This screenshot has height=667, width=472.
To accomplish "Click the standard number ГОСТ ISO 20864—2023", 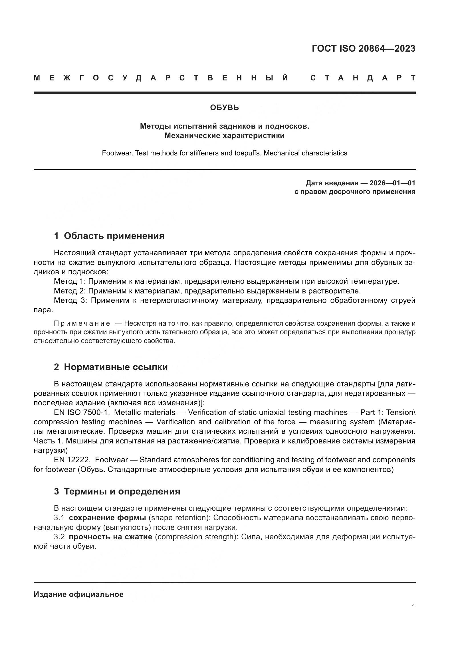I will (363, 48).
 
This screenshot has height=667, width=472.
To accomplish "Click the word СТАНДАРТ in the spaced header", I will (363, 78).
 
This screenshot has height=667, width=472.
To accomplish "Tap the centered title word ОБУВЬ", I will (224, 108).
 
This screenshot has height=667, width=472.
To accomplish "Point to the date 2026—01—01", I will (392, 183).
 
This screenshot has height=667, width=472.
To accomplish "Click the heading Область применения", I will (114, 236).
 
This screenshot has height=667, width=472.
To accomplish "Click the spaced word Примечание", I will (82, 324).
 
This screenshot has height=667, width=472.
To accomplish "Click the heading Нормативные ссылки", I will (116, 367).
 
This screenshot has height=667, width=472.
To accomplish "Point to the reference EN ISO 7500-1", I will (81, 413).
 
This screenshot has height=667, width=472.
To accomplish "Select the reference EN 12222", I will (72, 460).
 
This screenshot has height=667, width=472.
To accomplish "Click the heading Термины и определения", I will (122, 492).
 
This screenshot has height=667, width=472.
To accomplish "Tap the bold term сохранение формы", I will (107, 518).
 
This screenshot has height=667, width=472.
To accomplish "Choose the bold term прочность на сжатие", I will (110, 537).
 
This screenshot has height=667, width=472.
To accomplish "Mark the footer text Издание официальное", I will (78, 594).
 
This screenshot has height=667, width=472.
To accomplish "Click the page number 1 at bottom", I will (413, 607).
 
